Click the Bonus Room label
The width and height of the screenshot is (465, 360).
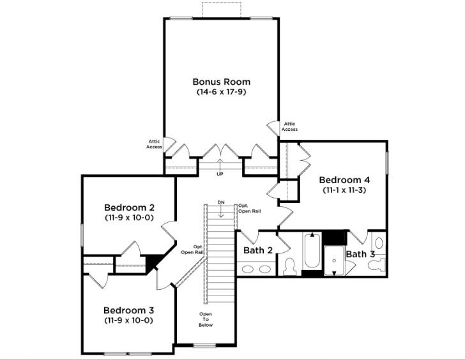pos(221,82)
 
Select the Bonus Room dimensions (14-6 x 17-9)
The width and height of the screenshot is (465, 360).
pos(221,92)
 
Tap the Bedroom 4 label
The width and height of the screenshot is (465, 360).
pos(344,179)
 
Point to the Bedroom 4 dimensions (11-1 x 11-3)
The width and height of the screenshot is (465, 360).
pos(344,190)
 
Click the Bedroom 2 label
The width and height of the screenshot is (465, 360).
pos(129,207)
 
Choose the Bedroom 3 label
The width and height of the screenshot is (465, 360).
pos(128,310)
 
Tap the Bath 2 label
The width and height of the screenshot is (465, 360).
pos(258,250)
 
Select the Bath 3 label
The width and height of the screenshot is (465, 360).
pos(360,254)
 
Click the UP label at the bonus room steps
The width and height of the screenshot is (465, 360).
pos(220,174)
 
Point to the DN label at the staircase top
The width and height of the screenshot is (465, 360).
pos(221,202)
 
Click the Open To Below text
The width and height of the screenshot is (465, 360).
pos(205,319)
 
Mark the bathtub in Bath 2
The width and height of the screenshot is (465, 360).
pos(312,252)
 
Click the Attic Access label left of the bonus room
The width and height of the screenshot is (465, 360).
pos(154,144)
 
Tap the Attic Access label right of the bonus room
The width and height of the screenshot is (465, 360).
pos(289,126)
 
